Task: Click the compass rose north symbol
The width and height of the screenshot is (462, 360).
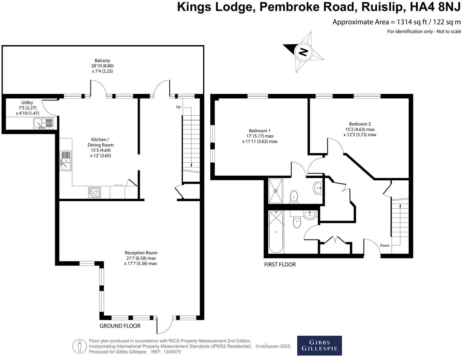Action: [304, 52]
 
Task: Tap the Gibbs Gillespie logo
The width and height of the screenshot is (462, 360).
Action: [319, 345]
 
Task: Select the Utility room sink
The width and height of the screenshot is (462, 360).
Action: [43, 124]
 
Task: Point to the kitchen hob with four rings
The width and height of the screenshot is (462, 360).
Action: [95, 192]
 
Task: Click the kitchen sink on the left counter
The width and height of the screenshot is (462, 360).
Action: [66, 161]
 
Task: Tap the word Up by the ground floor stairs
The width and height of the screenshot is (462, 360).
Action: [178, 107]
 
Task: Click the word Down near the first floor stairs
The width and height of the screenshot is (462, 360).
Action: [385, 245]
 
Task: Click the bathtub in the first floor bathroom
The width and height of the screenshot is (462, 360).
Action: [276, 232]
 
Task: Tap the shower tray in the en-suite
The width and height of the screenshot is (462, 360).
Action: [276, 190]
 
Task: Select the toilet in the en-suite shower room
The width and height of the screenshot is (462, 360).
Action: [294, 197]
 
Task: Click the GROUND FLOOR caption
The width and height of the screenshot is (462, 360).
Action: [120, 326]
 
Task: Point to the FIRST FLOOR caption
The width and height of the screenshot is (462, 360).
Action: [280, 264]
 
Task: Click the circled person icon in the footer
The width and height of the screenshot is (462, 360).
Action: [79, 346]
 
